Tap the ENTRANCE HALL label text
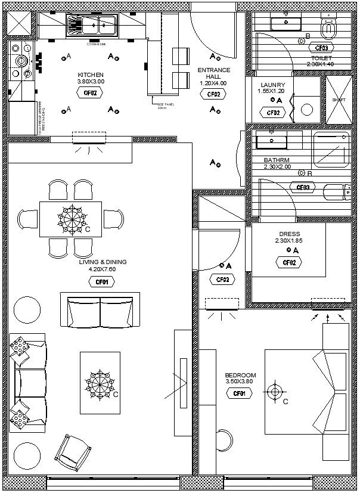click(x=214, y=74)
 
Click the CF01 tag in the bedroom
click(x=240, y=393)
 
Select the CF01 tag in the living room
click(x=102, y=282)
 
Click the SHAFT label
click(x=338, y=100)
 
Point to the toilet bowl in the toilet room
click(x=328, y=26)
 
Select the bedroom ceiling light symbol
click(x=274, y=392)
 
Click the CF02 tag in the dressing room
click(x=289, y=262)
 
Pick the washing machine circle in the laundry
click(x=306, y=110)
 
